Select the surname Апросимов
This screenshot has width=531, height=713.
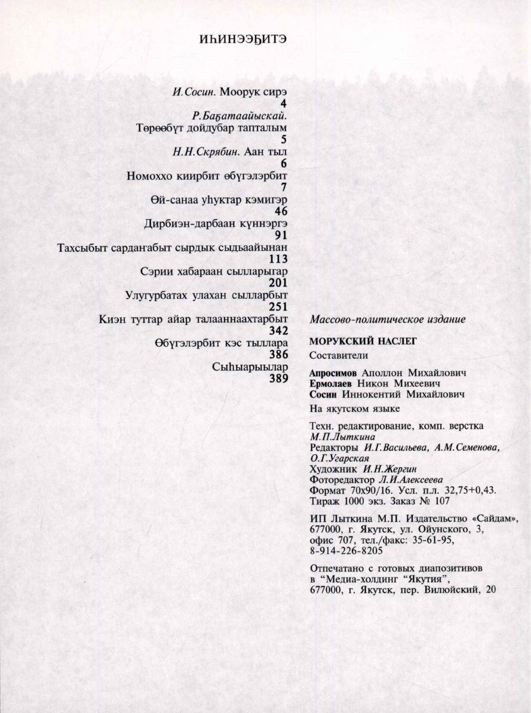click(x=334, y=373)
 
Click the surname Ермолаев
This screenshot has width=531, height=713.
click(x=332, y=383)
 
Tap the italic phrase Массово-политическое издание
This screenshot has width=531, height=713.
click(x=388, y=320)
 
